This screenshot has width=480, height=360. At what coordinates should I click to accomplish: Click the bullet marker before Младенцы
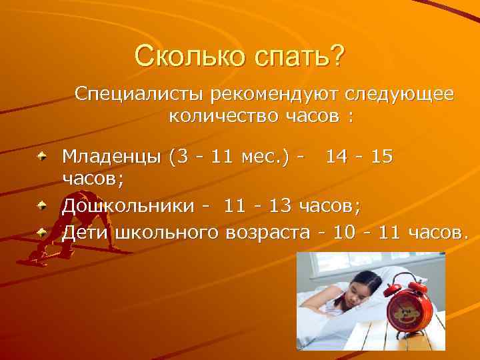pyautogui.click(x=43, y=157)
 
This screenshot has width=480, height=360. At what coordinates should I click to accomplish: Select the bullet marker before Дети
pyautogui.click(x=43, y=233)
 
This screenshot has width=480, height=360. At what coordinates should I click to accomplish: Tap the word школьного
pyautogui.click(x=159, y=233)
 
